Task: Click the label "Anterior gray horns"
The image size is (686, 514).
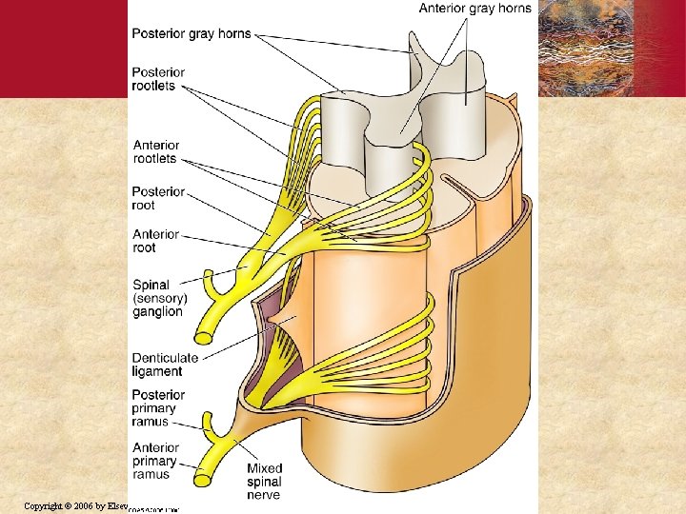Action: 475,9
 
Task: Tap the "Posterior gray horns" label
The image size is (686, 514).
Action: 192,33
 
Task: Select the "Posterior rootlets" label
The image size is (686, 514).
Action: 158,79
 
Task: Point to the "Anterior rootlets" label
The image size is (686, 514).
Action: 156,152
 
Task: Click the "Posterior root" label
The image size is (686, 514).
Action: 158,198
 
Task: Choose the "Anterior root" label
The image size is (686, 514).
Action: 156,241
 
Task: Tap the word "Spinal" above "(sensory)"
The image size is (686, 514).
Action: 151,284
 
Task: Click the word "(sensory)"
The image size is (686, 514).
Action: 161,298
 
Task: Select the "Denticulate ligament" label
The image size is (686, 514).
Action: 166,365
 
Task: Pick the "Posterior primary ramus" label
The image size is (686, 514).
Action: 158,408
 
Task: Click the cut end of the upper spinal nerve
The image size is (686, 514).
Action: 204,337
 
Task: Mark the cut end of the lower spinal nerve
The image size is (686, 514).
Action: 204,473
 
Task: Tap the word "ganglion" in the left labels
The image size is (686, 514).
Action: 157,312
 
